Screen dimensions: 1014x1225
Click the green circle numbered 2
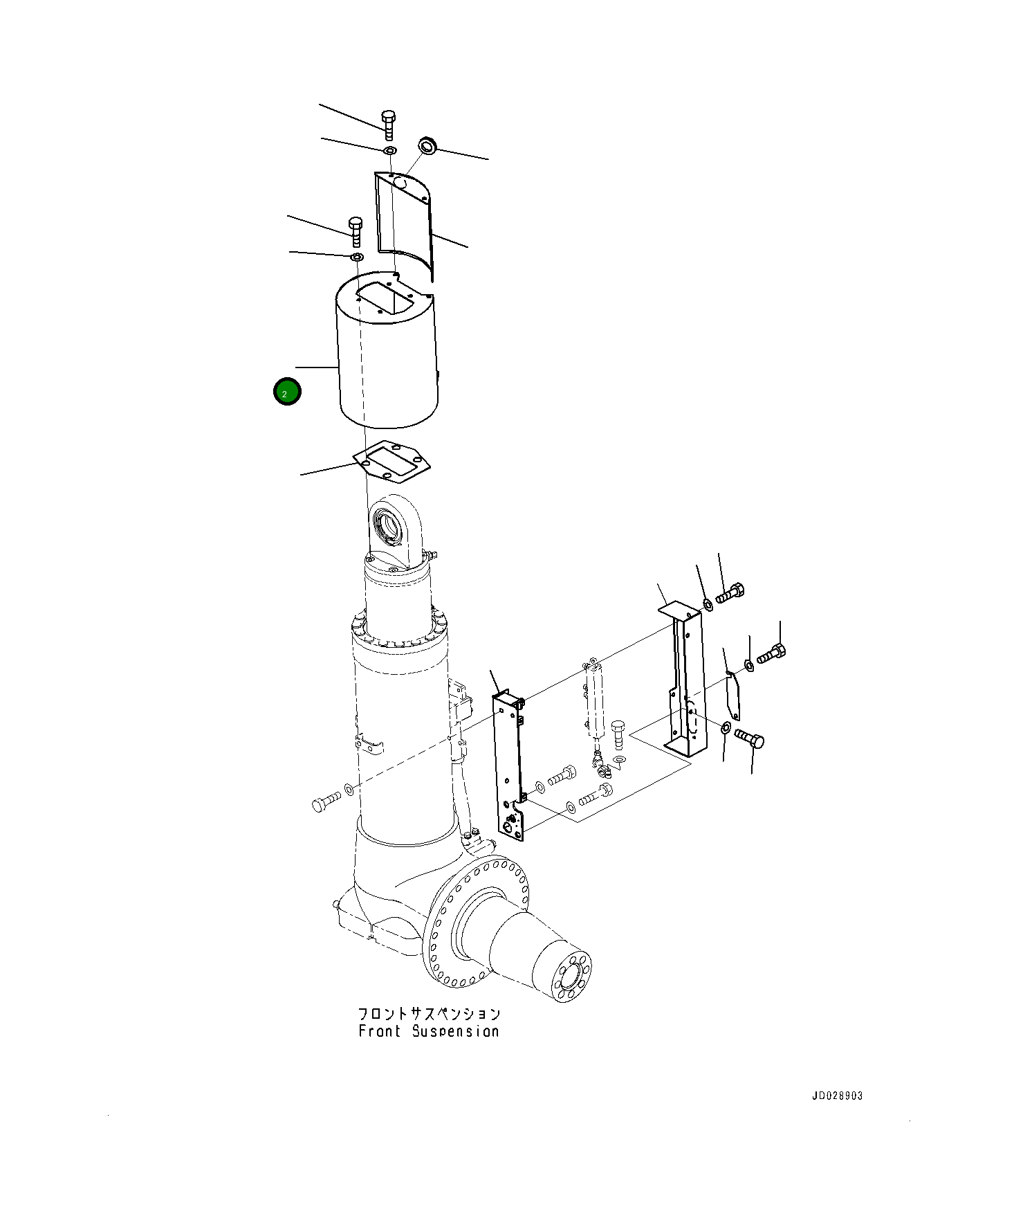pyautogui.click(x=287, y=392)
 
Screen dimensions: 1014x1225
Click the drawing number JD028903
pyautogui.click(x=837, y=1096)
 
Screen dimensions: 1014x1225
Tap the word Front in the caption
pyautogui.click(x=380, y=1031)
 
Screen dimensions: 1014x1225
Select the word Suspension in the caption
pyautogui.click(x=456, y=1031)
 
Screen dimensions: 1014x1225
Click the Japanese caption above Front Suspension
pyautogui.click(x=429, y=1014)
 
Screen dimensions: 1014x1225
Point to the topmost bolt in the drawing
pyautogui.click(x=388, y=124)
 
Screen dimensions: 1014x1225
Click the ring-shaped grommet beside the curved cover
pyautogui.click(x=427, y=146)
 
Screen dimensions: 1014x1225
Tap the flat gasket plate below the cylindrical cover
pyautogui.click(x=391, y=461)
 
